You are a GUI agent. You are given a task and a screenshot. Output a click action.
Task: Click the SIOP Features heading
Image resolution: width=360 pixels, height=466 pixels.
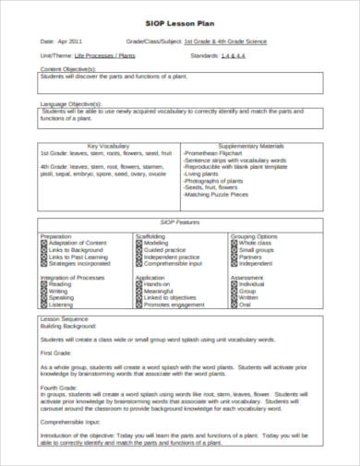pos(180,222)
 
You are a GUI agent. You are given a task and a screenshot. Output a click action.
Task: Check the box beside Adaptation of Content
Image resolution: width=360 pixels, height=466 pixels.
pos(43,243)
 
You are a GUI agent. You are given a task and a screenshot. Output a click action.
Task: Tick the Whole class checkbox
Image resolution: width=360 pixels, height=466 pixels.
pos(234,243)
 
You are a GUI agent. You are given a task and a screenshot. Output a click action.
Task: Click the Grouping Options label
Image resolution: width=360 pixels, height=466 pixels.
pos(253,236)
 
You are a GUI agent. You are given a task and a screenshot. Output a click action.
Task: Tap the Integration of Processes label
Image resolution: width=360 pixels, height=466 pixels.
pos(72,277)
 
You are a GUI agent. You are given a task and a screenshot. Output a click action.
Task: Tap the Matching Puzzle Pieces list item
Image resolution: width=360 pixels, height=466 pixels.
pos(218,195)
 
